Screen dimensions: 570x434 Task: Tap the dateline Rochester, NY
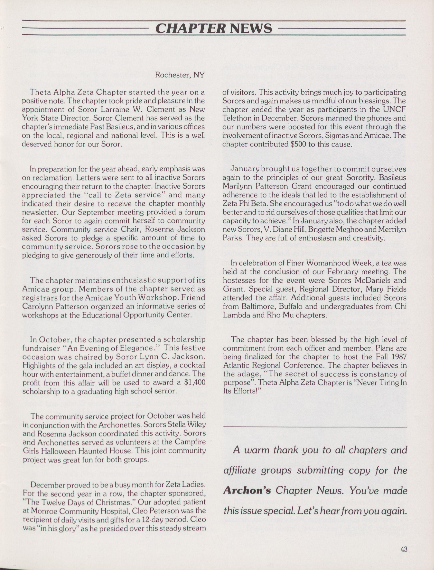[x=180, y=75]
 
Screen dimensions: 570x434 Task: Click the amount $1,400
[x=194, y=382]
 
